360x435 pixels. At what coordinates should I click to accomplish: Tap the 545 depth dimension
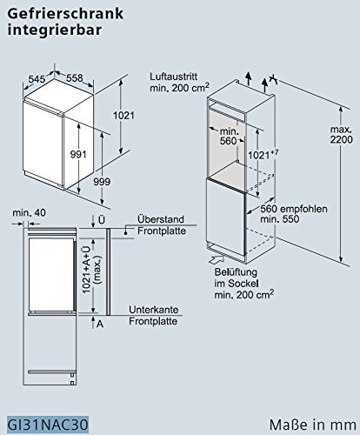point(36,77)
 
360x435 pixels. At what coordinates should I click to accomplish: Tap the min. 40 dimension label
point(30,211)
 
